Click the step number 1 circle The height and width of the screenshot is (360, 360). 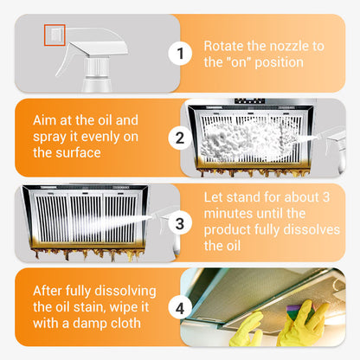click(x=180, y=54)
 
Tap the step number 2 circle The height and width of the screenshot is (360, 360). click(x=180, y=138)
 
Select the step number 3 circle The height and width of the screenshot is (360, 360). click(x=180, y=222)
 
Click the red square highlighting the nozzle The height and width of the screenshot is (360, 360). click(x=55, y=35)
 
